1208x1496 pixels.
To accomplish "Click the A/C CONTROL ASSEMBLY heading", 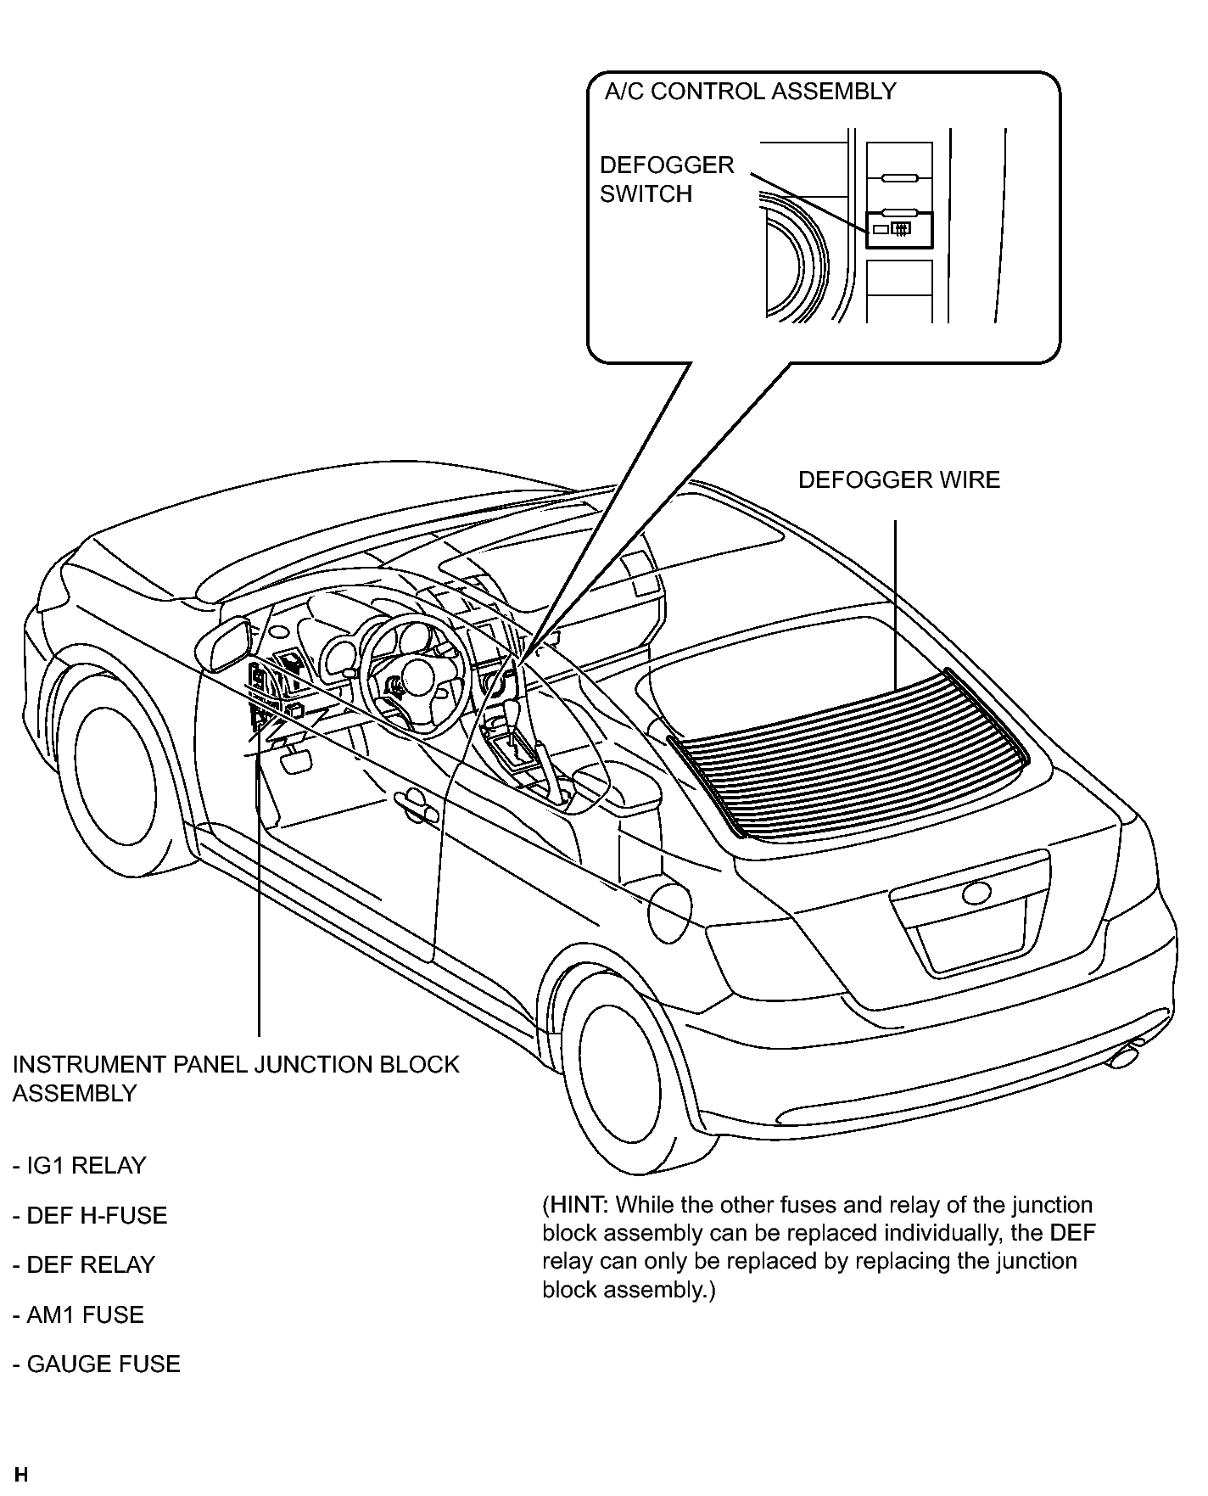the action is (x=750, y=92).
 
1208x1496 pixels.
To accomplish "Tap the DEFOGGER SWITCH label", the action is (x=667, y=179).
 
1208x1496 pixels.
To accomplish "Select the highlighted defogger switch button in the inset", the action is (x=899, y=229).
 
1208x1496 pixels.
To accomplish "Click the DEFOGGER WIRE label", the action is (x=899, y=480).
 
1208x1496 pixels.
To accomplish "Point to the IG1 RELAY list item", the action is (x=80, y=1166).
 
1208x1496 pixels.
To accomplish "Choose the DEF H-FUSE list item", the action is (x=90, y=1216).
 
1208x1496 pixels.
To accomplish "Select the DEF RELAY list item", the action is (x=84, y=1265).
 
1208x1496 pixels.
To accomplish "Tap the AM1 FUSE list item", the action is (x=78, y=1315).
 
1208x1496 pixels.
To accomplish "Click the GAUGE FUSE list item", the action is (x=97, y=1364).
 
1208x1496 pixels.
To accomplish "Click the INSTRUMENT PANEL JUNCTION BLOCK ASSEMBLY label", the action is (x=236, y=1079).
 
